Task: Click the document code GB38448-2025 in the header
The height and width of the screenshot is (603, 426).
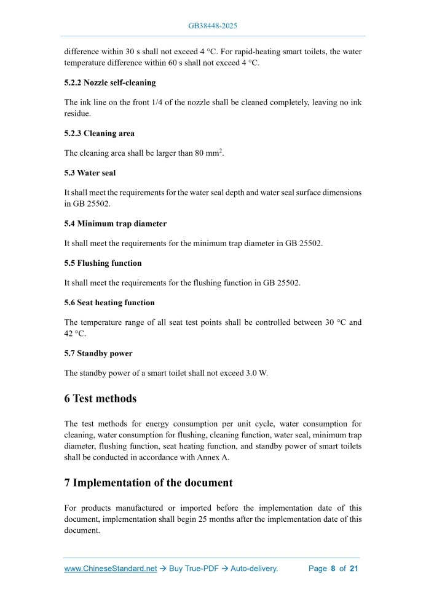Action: [213, 26]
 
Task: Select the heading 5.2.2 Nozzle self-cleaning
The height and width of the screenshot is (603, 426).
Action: [110, 82]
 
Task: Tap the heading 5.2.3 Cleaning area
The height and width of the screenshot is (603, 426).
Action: [99, 134]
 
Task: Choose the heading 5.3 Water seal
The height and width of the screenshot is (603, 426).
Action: [90, 173]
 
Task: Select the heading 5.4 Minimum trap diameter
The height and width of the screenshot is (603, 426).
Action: [115, 223]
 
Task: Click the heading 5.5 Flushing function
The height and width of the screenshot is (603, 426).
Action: [103, 263]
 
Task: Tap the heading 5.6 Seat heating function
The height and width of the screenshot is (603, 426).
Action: [109, 303]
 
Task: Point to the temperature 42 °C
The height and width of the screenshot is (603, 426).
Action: [74, 333]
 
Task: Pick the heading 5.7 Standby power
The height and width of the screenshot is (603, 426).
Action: [98, 354]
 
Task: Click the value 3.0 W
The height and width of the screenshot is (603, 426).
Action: [255, 373]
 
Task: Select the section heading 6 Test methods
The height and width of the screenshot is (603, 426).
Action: [100, 399]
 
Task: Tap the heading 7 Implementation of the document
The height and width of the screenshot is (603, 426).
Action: [148, 483]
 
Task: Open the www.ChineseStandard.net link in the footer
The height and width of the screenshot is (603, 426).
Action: [111, 569]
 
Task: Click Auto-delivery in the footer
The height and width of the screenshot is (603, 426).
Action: [254, 569]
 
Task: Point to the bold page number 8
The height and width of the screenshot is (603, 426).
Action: [333, 569]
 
